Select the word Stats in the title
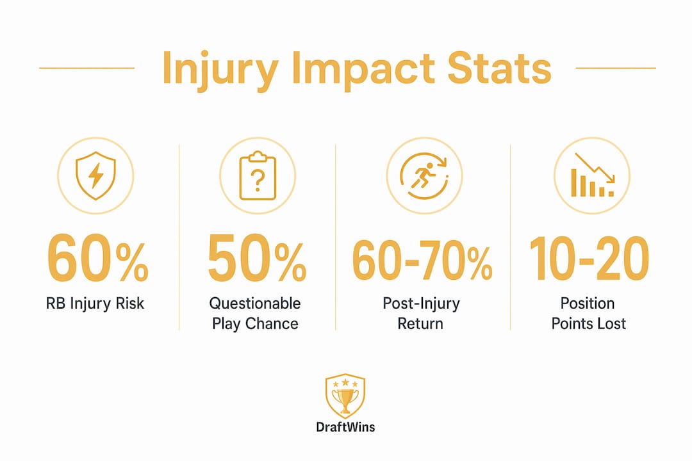point(500,68)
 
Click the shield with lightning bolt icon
point(95,175)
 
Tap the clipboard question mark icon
point(258,175)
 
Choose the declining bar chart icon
point(592,175)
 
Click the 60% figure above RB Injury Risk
point(97,258)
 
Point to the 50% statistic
point(257,258)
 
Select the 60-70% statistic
point(422,260)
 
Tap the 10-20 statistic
point(589,259)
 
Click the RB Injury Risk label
point(95,304)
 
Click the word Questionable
point(255,303)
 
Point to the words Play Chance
point(255,324)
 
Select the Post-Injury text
point(421,304)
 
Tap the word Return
point(420,324)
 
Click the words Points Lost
point(589,324)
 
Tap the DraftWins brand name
point(345,427)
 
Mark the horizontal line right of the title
point(616,68)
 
